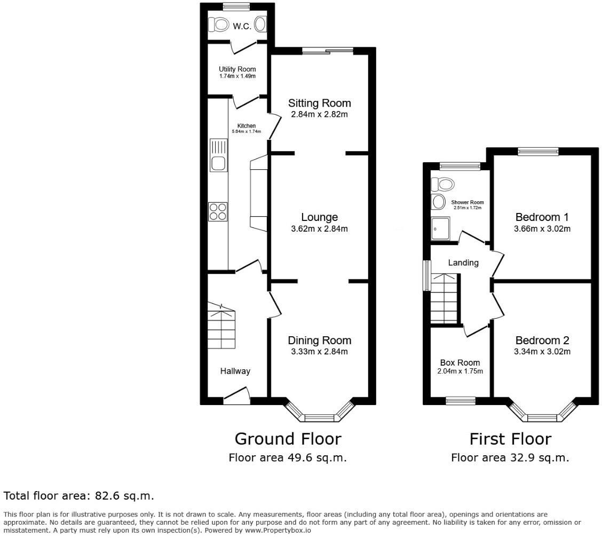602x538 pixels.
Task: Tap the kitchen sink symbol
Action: click(x=219, y=155)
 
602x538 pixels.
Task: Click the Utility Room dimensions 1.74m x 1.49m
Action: click(x=237, y=76)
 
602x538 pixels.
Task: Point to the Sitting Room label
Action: click(x=319, y=103)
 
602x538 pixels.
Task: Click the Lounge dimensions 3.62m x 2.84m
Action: click(x=319, y=230)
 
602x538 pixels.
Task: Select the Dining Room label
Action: click(x=319, y=340)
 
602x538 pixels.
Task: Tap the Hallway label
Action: click(x=235, y=371)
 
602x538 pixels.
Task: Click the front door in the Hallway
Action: click(x=236, y=397)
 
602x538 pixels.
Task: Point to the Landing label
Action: click(x=463, y=263)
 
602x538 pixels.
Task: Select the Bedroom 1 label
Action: click(x=542, y=217)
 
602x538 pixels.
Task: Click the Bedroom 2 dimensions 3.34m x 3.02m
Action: click(x=542, y=352)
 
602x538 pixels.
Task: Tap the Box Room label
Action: click(x=460, y=362)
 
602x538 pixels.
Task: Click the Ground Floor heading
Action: click(x=288, y=439)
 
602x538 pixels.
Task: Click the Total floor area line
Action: click(x=79, y=496)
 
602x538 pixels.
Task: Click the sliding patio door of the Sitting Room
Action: click(x=327, y=51)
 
